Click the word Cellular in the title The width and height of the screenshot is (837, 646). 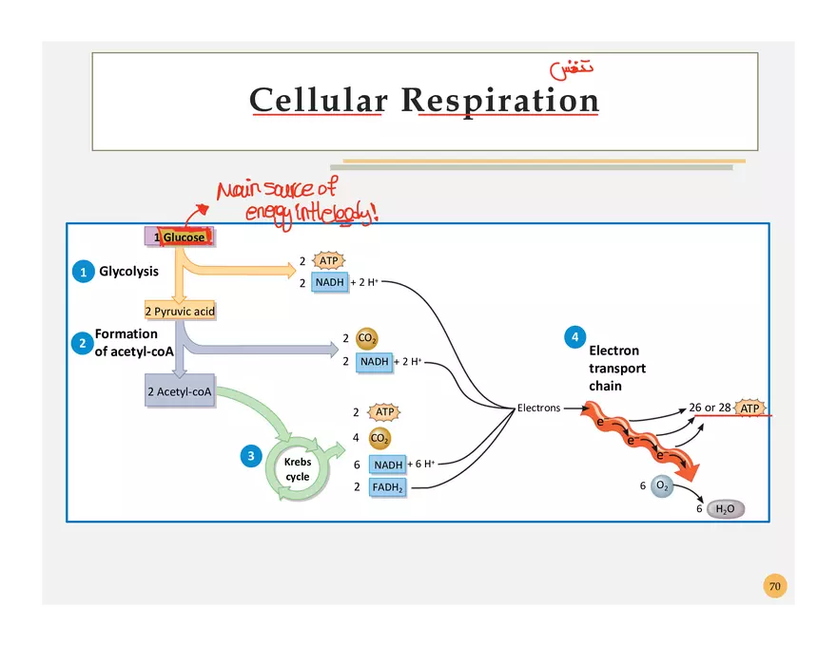[319, 101]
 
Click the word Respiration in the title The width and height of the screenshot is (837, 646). [499, 101]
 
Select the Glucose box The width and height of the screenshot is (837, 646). [180, 237]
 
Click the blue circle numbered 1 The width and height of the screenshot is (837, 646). [83, 272]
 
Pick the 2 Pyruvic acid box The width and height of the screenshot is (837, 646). [180, 311]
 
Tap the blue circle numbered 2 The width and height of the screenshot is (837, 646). [82, 343]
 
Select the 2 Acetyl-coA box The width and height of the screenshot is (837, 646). [180, 390]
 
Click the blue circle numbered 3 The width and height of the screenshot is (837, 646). [250, 456]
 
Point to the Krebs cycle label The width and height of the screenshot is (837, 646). [298, 469]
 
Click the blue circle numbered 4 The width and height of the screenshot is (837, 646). [574, 336]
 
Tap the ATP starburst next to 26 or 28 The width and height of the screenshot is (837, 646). [750, 408]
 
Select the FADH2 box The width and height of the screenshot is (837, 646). [387, 487]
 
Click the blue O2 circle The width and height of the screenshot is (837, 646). [662, 486]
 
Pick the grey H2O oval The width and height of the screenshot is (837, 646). [725, 509]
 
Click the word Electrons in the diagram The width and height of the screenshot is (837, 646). [538, 408]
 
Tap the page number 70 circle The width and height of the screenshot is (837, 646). [775, 586]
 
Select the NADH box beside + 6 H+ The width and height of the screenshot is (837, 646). [387, 465]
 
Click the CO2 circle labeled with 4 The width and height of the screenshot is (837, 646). [379, 438]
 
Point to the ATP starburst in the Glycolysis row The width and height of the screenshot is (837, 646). [328, 260]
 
